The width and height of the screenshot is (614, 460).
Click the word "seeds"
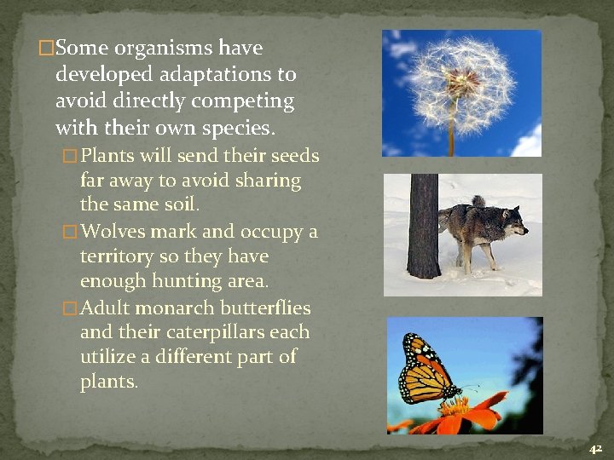[295, 156]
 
